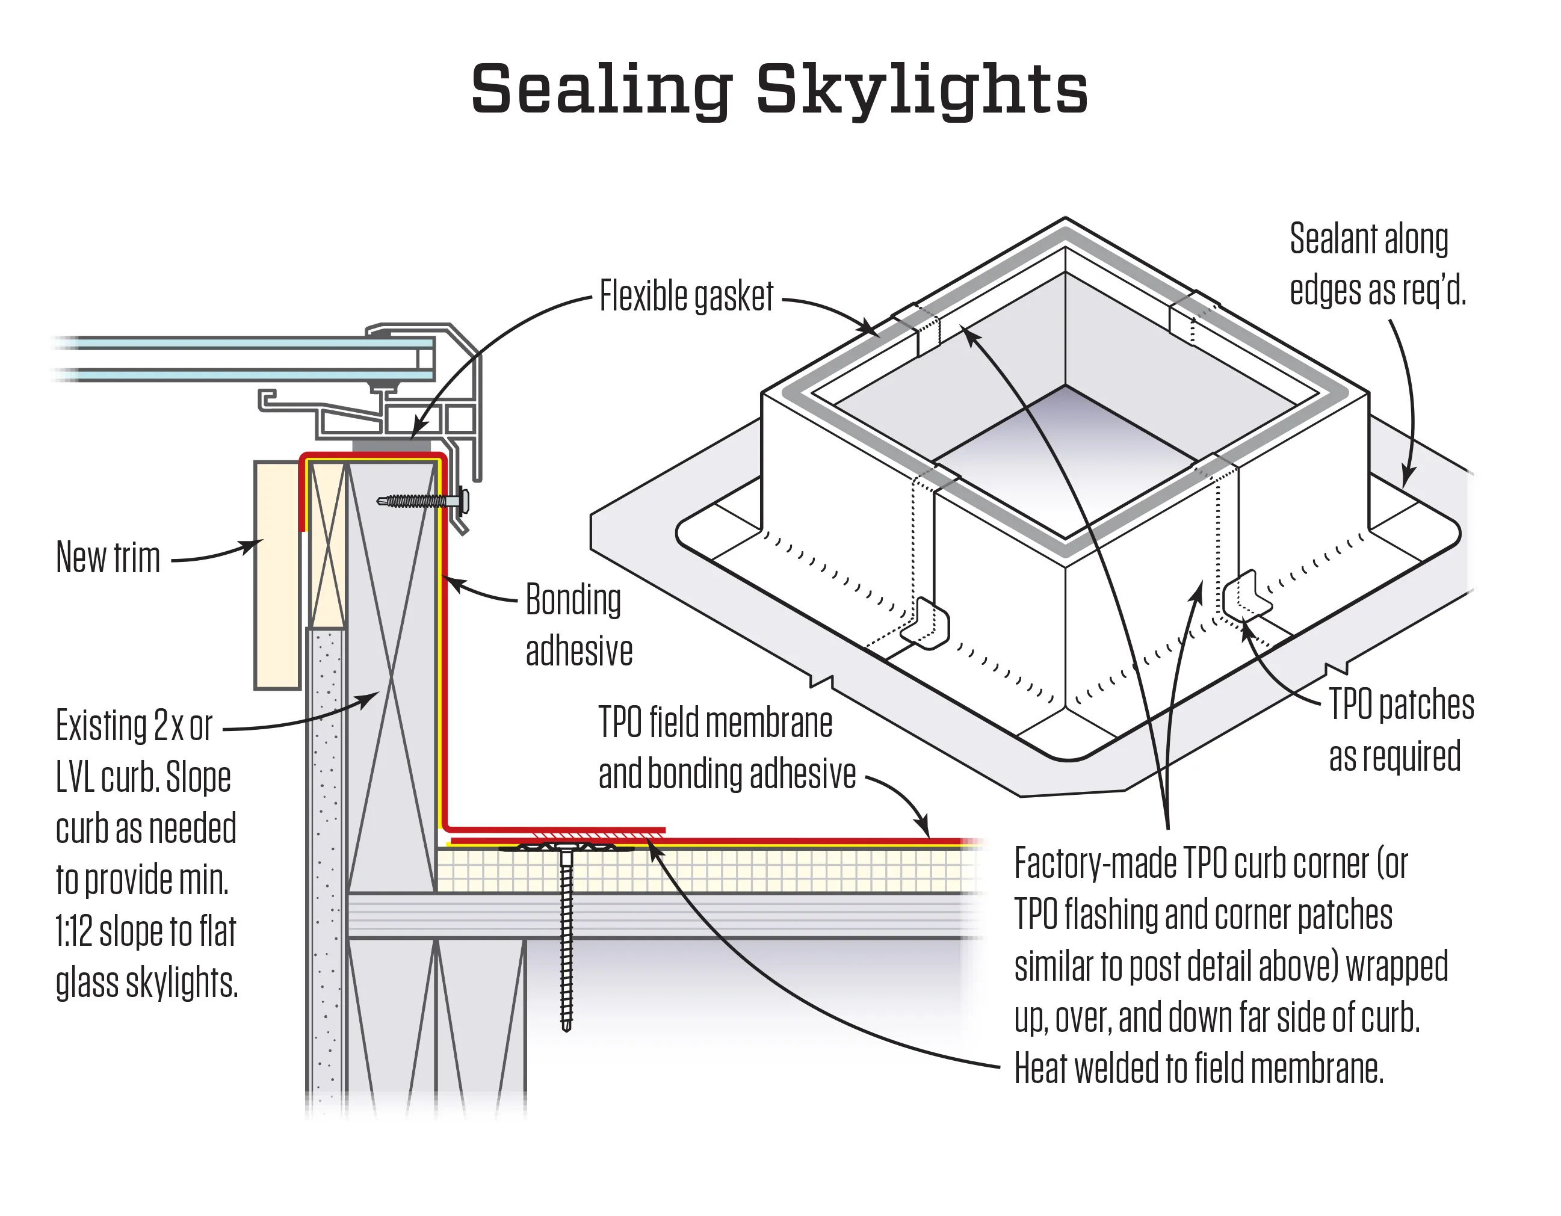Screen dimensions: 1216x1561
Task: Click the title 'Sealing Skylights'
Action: point(779,89)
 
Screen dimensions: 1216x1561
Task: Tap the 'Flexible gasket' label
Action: point(686,296)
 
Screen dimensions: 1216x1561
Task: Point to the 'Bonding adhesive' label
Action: point(578,625)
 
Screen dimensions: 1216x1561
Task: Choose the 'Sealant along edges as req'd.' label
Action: point(1377,264)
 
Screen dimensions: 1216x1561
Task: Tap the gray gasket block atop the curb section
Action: point(392,445)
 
